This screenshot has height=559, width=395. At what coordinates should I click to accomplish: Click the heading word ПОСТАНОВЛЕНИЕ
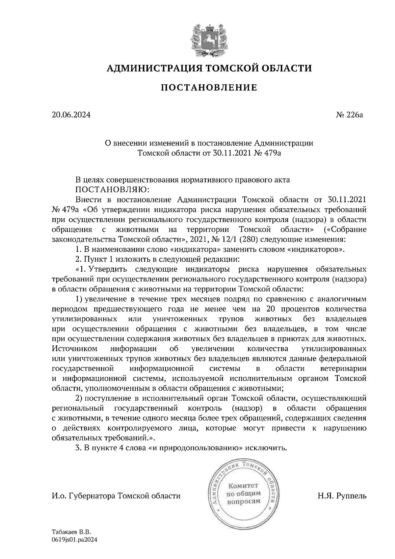click(x=209, y=88)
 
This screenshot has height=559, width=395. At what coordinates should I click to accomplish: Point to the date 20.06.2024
click(x=71, y=115)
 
